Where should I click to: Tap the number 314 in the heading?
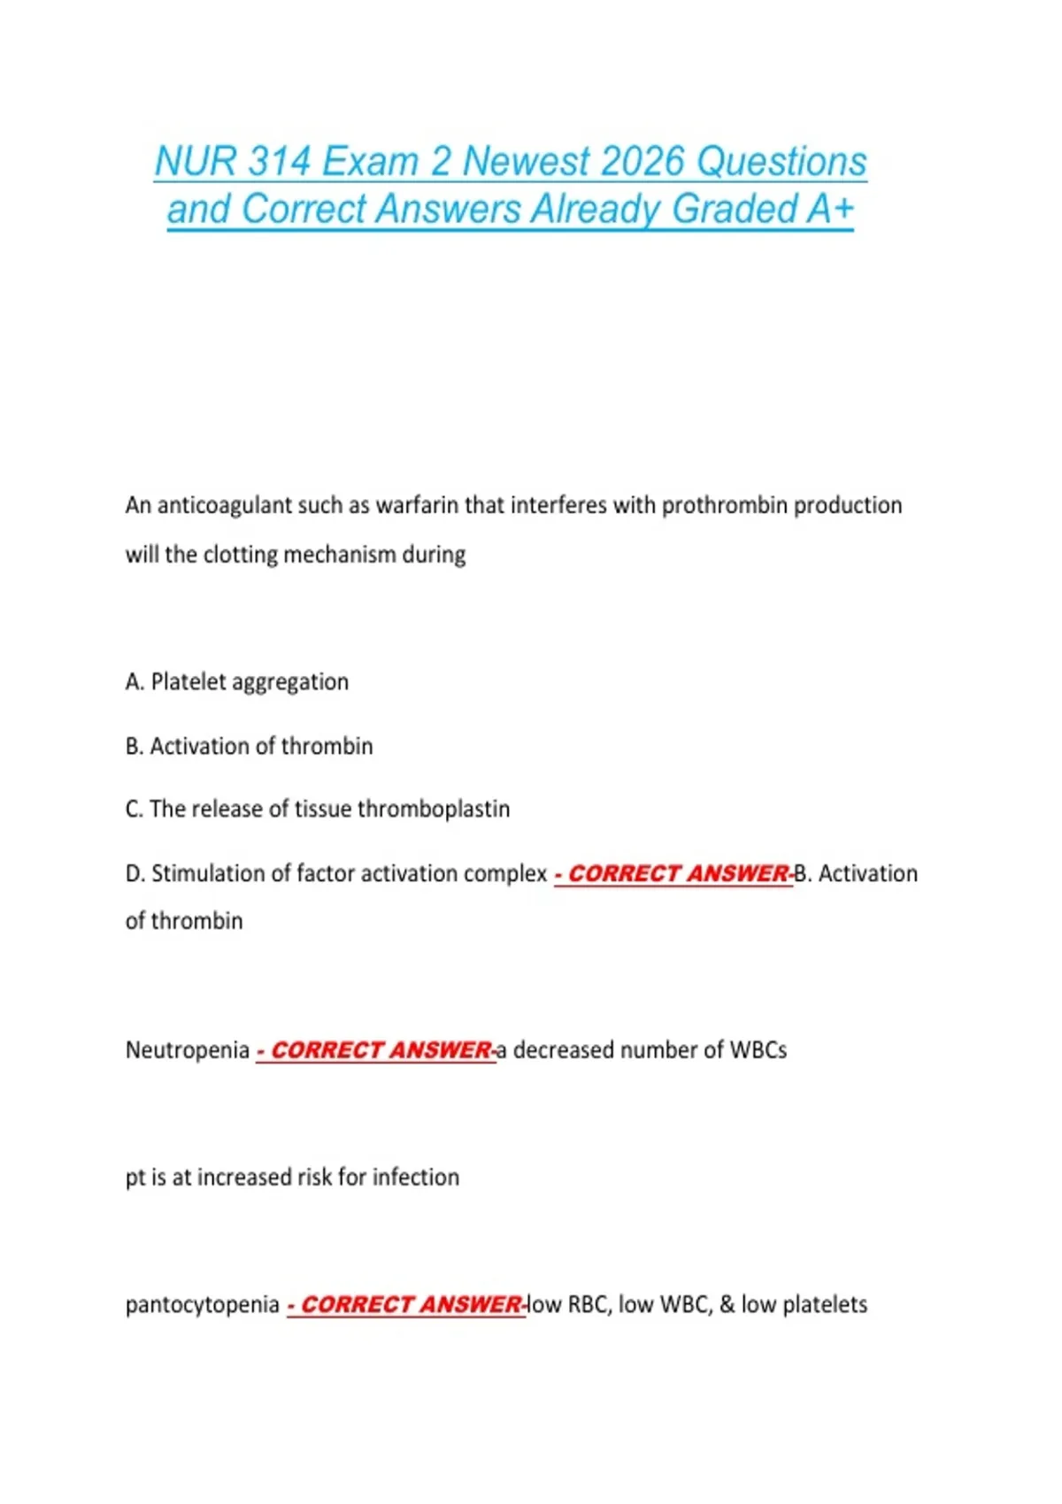[x=279, y=162]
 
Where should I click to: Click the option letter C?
[x=134, y=810]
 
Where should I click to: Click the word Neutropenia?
[x=188, y=1050]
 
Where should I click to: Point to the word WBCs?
[x=758, y=1050]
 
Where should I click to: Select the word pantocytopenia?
[x=202, y=1305]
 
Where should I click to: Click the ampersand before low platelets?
[x=727, y=1305]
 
